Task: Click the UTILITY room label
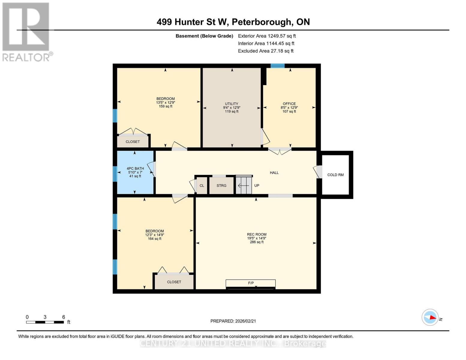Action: (231, 104)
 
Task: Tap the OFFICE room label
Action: (289, 104)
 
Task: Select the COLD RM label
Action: (335, 175)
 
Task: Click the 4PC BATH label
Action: (135, 169)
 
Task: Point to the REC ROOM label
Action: (257, 235)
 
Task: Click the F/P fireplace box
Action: (251, 283)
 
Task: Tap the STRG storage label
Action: (221, 186)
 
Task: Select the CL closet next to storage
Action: (202, 186)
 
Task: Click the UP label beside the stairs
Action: (257, 186)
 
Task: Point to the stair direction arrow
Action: (243, 186)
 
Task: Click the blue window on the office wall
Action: (277, 66)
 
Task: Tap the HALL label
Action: (274, 173)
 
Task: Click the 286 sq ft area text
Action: (257, 242)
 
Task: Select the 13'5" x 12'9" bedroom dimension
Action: (165, 103)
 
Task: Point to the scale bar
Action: (45, 322)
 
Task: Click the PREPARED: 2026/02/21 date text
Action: (233, 321)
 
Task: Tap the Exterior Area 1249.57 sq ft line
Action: (267, 36)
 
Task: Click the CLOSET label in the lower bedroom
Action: (174, 282)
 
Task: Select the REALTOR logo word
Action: (26, 57)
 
